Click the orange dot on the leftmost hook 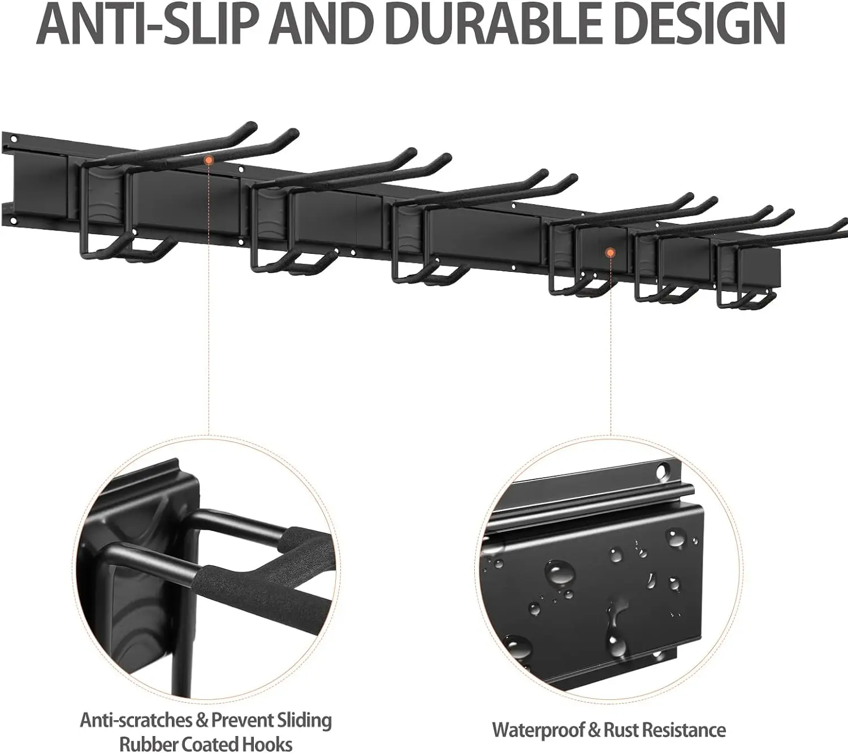tap(209, 161)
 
